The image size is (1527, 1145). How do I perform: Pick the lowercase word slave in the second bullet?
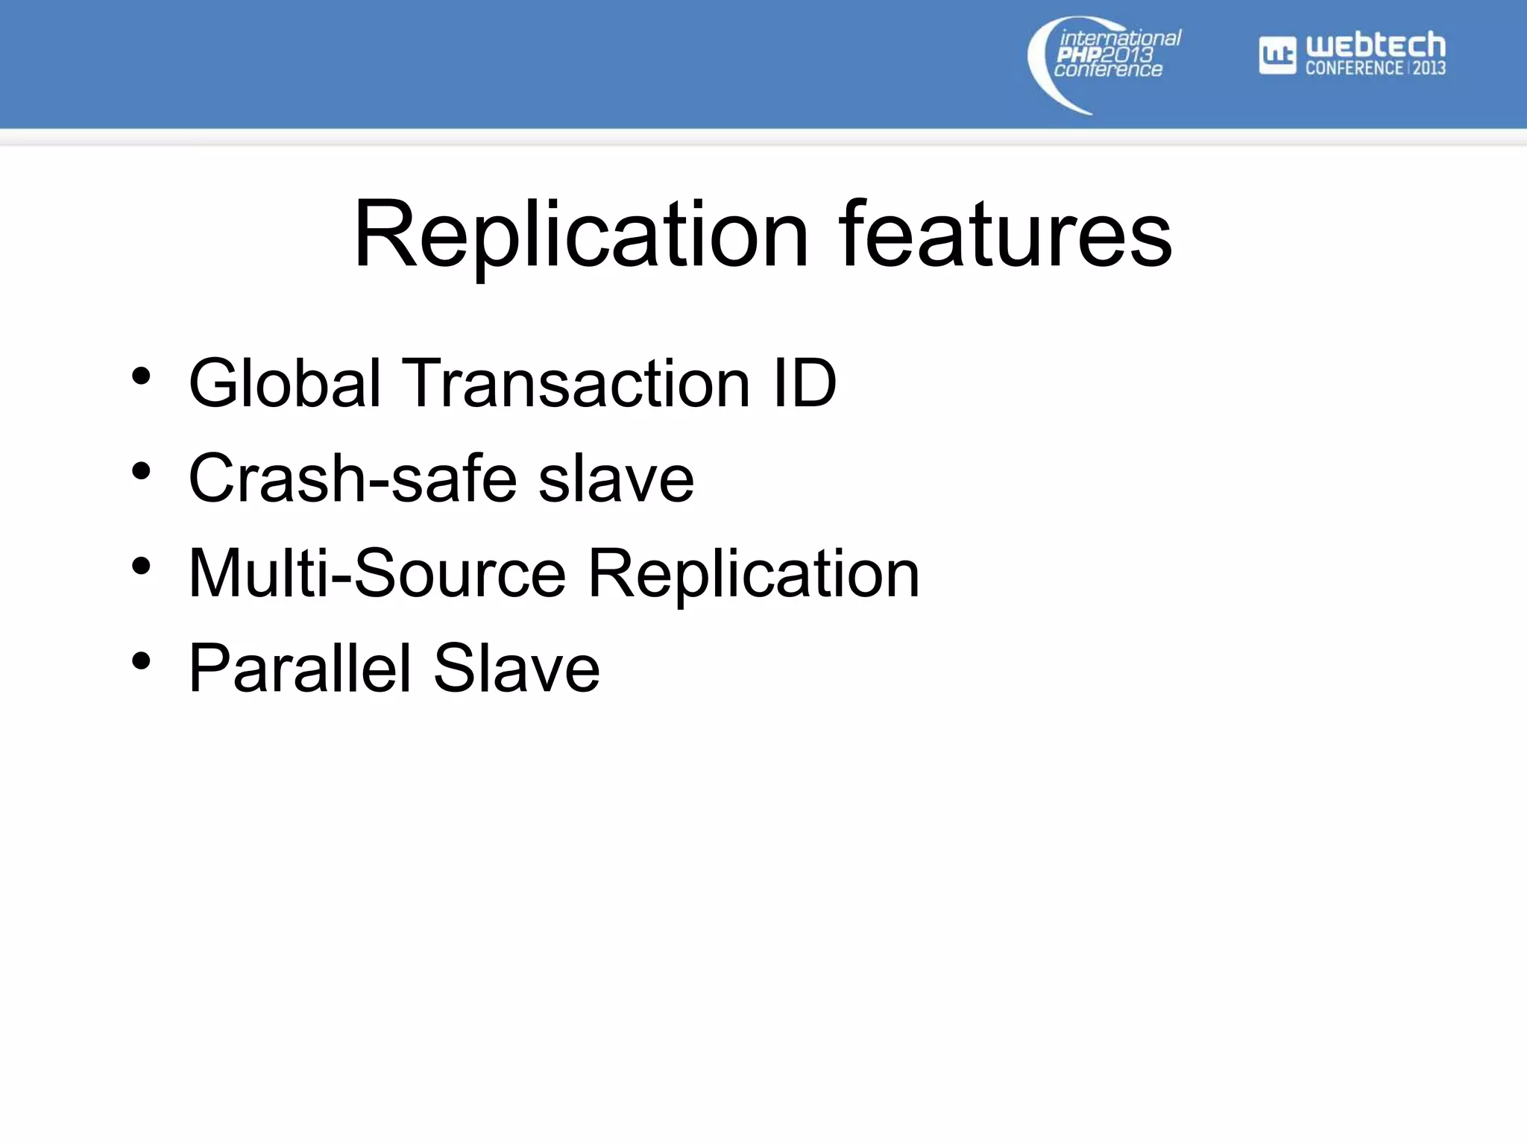(x=616, y=479)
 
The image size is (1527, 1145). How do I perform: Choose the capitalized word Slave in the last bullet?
(x=516, y=668)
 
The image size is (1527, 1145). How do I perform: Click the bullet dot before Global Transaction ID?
(x=141, y=376)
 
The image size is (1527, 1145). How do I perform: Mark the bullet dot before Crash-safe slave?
(x=141, y=471)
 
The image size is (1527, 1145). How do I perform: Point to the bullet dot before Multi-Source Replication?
(x=141, y=567)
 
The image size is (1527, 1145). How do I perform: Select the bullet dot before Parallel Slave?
(x=141, y=661)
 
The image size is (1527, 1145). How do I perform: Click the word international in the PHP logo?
(x=1120, y=38)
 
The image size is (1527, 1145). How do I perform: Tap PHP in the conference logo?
(x=1078, y=54)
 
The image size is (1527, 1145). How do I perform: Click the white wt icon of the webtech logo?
(x=1277, y=56)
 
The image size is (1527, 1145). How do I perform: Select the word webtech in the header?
(x=1376, y=46)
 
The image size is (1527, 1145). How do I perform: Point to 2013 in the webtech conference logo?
(x=1429, y=68)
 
